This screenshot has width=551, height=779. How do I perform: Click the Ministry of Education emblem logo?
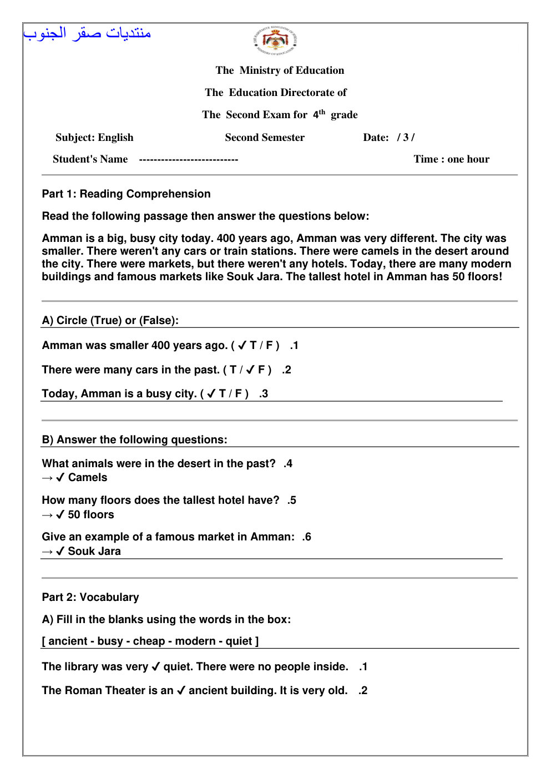(x=275, y=41)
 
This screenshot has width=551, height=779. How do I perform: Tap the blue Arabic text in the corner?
(x=87, y=33)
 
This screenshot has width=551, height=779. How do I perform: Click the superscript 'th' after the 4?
(x=322, y=112)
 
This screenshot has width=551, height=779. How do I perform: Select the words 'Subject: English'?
(x=94, y=138)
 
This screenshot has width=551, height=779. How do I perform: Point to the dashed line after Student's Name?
(x=188, y=160)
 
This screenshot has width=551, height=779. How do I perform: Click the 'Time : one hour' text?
(x=451, y=159)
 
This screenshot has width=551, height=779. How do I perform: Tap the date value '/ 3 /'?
(x=406, y=138)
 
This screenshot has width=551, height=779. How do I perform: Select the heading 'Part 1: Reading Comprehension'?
(x=126, y=194)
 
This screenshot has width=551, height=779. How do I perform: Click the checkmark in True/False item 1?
(x=242, y=346)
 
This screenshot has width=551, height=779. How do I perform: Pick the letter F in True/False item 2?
(x=261, y=370)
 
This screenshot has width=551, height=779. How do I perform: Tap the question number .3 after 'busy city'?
(x=264, y=394)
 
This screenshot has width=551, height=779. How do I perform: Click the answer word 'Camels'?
(x=88, y=478)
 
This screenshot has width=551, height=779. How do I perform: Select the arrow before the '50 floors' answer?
(x=47, y=515)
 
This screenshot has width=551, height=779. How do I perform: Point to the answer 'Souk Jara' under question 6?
(x=94, y=552)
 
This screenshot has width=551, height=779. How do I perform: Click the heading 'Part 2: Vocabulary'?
(x=90, y=598)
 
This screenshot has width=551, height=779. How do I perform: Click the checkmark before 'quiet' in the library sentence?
(x=156, y=666)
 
